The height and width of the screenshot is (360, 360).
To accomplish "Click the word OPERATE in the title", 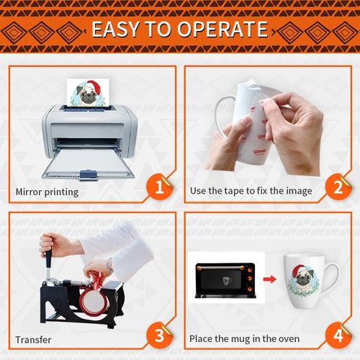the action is tap(222, 29).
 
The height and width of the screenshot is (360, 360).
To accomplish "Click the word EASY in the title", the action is tap(115, 29).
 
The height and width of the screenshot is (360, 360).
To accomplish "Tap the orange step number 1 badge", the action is tap(159, 187).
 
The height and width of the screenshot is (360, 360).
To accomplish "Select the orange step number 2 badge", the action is tap(338, 187).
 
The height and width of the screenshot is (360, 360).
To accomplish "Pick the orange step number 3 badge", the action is tap(159, 336).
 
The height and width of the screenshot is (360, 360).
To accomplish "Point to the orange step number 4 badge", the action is tap(338, 336).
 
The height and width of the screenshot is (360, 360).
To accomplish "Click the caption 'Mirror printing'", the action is tap(47, 192).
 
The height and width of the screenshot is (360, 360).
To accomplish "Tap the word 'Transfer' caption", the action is tap(33, 340).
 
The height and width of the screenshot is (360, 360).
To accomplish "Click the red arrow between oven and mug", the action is tap(270, 279).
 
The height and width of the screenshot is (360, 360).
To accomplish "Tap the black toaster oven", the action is tap(225, 280).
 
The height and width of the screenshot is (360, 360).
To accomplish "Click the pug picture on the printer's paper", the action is tap(88, 92).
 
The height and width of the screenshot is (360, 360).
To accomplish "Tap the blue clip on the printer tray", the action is tap(89, 174).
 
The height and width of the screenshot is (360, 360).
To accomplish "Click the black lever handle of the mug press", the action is tap(48, 258).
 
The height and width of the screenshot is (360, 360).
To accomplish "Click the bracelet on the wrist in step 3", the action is tap(109, 265).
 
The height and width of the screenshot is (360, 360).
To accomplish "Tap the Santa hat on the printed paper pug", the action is tap(93, 88).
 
